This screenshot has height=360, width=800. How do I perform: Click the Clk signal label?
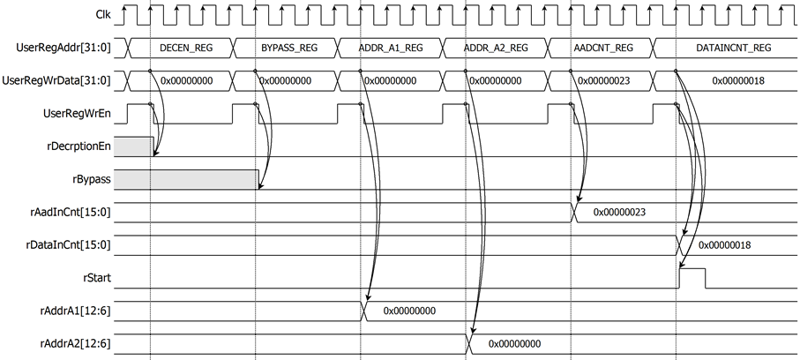pos(103,15)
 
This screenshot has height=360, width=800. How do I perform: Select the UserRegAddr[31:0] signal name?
pos(56,48)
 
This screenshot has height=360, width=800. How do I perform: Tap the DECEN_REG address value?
pos(183,48)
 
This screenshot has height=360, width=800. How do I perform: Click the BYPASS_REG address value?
pos(288,48)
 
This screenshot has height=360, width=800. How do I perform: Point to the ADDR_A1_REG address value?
pos(391,48)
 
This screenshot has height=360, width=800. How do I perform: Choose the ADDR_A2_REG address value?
pos(496,48)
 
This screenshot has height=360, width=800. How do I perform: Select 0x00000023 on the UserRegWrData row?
pos(603,80)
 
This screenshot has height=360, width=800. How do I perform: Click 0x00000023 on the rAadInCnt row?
pos(619,213)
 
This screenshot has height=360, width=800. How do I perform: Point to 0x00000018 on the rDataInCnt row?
pos(724,245)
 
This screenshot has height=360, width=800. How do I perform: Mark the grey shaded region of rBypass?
pos(186,179)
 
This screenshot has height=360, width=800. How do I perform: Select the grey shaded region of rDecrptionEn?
pos(133,146)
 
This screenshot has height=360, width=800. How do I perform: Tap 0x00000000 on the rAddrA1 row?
pos(409,311)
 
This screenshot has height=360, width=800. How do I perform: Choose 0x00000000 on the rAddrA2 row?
pos(515,343)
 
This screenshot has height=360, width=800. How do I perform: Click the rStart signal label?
pos(100,278)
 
